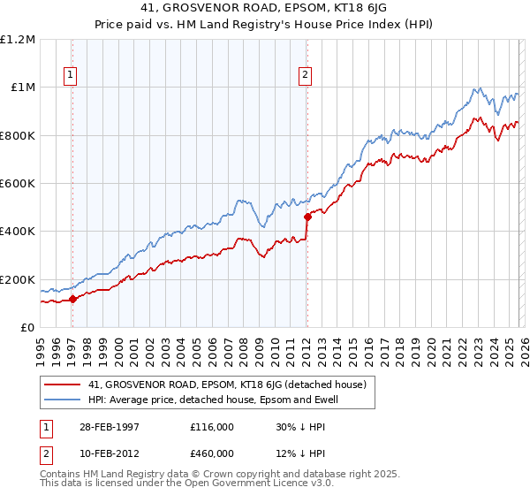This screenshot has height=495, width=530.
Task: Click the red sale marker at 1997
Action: point(73,300)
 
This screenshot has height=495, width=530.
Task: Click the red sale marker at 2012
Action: point(307,217)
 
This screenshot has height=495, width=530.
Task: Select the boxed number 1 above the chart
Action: point(70,76)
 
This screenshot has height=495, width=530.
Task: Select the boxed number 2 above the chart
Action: point(305,76)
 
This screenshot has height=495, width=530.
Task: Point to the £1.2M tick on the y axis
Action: point(19,40)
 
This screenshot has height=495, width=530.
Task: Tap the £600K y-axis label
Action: point(18,184)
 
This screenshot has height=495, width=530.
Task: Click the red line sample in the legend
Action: point(64,385)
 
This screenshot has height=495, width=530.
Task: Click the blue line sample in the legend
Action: point(64,400)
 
